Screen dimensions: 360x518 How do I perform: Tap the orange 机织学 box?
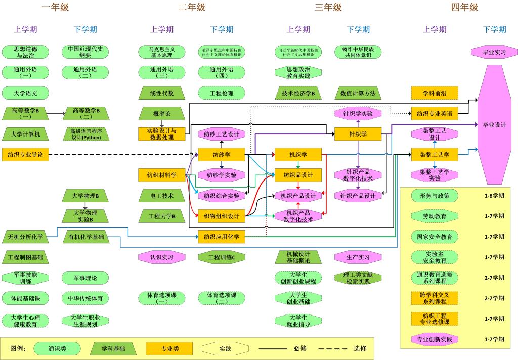(x=298, y=154)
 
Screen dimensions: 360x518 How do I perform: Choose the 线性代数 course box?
(x=162, y=93)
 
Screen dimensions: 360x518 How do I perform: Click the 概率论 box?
(x=162, y=113)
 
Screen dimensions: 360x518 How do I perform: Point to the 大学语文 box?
(x=25, y=93)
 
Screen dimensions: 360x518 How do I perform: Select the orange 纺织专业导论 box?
(x=25, y=154)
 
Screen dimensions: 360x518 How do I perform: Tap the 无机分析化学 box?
(x=25, y=236)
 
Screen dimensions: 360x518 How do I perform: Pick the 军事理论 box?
(x=85, y=277)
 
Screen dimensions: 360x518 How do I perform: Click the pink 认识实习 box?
(x=162, y=257)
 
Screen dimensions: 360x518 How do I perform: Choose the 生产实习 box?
(x=358, y=257)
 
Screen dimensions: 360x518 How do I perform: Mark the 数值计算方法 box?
(x=358, y=93)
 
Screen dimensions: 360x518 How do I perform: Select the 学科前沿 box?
(x=435, y=93)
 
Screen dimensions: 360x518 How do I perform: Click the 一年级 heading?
(x=55, y=7)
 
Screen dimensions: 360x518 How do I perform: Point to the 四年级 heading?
(x=464, y=7)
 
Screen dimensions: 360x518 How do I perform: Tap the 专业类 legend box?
(x=169, y=348)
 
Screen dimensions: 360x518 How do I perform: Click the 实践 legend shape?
(x=225, y=348)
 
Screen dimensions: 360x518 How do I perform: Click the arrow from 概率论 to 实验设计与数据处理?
(x=162, y=123)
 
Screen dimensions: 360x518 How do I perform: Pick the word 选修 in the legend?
(x=360, y=348)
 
